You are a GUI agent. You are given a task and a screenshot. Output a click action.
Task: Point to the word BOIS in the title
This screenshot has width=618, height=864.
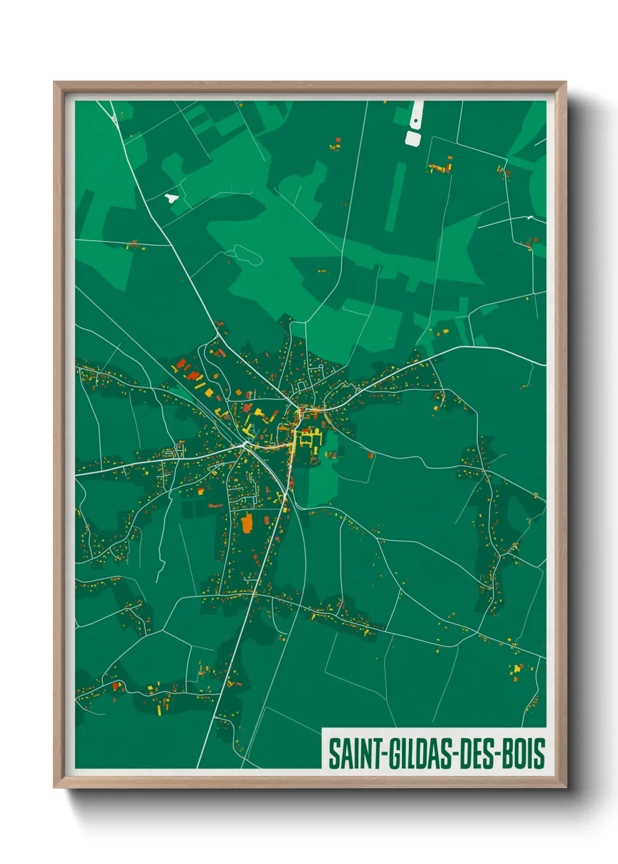click(523, 754)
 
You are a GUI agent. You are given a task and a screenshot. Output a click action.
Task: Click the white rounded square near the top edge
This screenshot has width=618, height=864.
click(413, 138)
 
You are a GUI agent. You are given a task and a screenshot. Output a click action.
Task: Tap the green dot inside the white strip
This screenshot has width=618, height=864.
click(415, 121)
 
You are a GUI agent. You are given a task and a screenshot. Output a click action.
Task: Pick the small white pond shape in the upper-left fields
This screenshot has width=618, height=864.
click(171, 197)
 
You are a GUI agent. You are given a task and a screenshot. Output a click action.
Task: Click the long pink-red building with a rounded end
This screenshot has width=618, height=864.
click(215, 506)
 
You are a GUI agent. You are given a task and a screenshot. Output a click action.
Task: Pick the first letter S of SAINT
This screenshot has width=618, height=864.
click(334, 754)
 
